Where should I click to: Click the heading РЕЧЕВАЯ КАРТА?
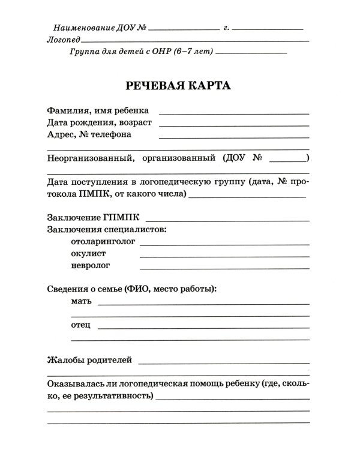point(178,85)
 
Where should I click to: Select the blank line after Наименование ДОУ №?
point(184,29)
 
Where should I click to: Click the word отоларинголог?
point(103,241)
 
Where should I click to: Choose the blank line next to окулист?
point(224,256)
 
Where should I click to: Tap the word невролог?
point(91,265)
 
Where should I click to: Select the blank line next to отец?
point(202,328)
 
